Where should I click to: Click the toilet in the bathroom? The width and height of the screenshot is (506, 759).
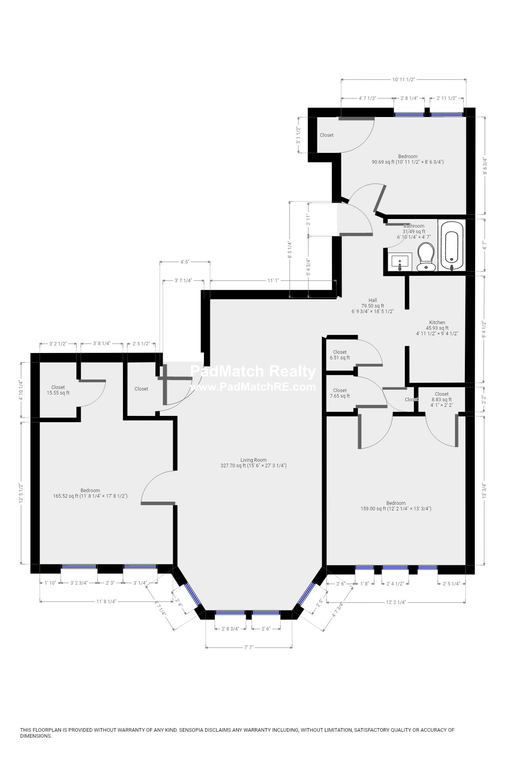[x=426, y=257]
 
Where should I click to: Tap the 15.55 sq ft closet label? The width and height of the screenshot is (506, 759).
[x=58, y=390]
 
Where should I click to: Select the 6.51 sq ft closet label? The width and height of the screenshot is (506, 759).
[x=340, y=355]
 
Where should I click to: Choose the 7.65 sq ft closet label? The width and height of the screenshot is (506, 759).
[x=340, y=393]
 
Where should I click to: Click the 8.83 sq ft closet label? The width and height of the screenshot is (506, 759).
[x=442, y=396]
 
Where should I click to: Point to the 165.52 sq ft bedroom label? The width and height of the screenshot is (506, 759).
[x=90, y=493]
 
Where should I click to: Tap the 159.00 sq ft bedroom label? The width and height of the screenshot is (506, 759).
[x=396, y=506]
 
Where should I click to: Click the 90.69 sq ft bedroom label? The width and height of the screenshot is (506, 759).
[x=408, y=159]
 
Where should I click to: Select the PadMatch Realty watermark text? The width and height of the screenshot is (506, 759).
[x=253, y=372]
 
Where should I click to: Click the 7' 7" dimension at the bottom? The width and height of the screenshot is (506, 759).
[x=249, y=647]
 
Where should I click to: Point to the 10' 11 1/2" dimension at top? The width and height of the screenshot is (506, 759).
[x=403, y=79]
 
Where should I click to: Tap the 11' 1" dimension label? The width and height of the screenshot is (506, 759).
[x=273, y=281]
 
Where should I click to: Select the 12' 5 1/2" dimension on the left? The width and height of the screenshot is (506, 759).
[x=21, y=493]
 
